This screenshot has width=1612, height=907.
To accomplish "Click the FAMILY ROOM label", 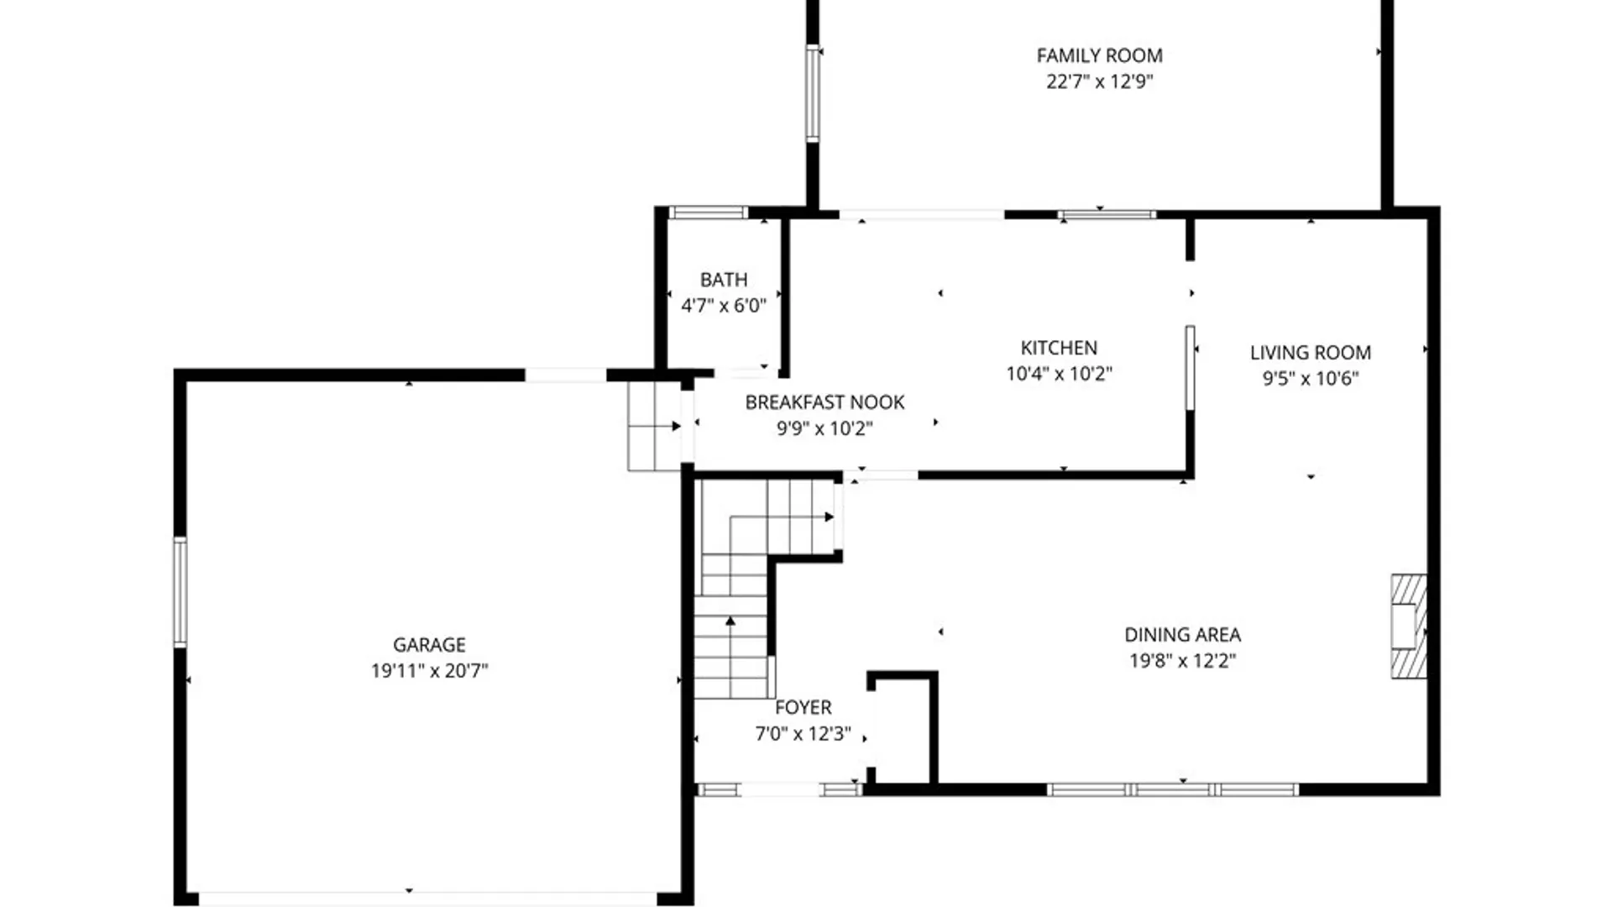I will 1099,55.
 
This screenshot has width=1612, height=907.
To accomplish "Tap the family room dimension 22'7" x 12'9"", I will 1099,81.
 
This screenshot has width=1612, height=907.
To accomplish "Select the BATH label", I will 724,280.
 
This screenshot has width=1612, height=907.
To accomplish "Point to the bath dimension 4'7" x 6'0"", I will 724,306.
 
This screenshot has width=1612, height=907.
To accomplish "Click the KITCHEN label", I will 1059,348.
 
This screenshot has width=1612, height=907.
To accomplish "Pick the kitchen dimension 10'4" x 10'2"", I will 1059,374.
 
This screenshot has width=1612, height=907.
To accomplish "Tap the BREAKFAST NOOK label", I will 824,402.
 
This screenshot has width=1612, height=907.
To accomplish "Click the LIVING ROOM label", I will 1310,353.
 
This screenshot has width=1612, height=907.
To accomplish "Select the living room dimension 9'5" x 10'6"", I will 1310,379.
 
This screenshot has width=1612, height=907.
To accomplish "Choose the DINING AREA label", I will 1182,635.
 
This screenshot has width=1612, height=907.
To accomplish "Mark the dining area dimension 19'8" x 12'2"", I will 1182,661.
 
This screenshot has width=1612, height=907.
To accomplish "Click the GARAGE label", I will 429,645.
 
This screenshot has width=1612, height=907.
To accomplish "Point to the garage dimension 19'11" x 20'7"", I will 429,671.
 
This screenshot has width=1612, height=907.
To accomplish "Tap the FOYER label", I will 803,708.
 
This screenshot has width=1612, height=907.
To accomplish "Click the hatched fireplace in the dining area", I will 1409,626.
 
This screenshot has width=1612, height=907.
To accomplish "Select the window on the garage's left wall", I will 180,592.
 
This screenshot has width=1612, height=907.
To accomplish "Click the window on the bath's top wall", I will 708,212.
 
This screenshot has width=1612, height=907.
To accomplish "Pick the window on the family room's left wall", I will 812,92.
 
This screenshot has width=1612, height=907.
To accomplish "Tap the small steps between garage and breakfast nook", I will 654,426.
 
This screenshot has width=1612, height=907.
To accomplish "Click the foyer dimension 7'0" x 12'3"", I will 803,734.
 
